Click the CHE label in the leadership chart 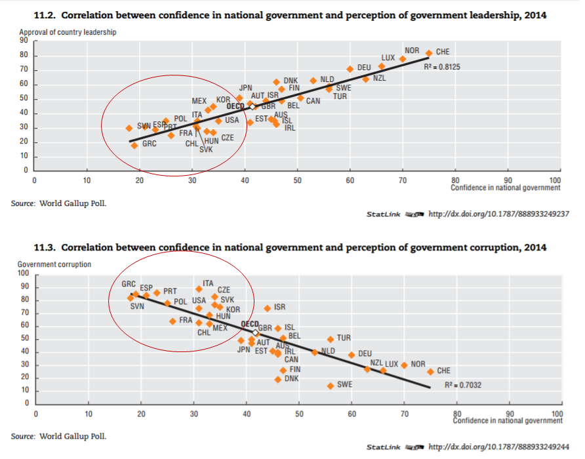click(x=443, y=52)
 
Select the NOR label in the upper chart click(x=412, y=50)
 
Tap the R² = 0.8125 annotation click(x=443, y=67)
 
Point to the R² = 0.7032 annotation click(x=463, y=385)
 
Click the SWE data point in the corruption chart click(x=331, y=386)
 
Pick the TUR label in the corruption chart click(x=344, y=338)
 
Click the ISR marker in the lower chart click(x=268, y=308)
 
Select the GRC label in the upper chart click(x=149, y=142)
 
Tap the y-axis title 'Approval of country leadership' click(x=68, y=33)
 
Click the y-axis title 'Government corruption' click(x=54, y=264)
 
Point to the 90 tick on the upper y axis click(x=24, y=41)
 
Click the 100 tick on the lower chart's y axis click(x=23, y=273)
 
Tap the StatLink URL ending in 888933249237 click(x=498, y=214)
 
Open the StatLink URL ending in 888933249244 click(x=498, y=447)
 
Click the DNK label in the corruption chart click(x=292, y=378)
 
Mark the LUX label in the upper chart click(x=388, y=58)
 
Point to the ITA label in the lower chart click(x=208, y=283)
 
